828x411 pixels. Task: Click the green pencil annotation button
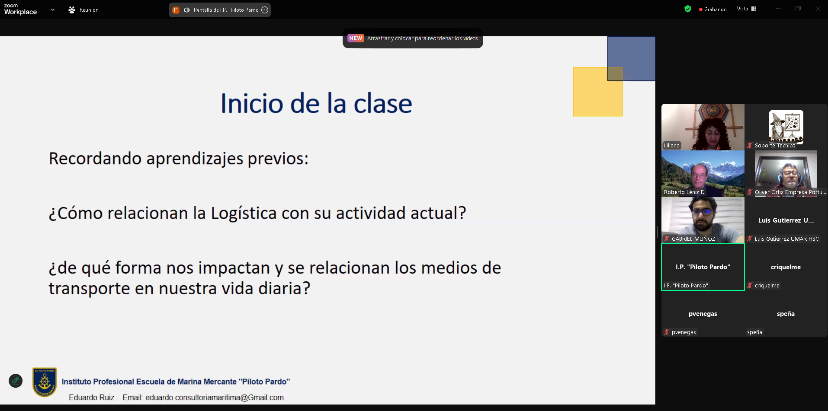tap(16, 381)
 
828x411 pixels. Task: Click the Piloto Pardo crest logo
tap(45, 382)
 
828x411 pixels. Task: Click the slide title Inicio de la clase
tap(316, 104)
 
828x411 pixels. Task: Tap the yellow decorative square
tap(598, 92)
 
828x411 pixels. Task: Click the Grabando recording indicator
tap(712, 10)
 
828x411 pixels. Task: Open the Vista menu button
tap(746, 9)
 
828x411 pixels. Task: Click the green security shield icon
tap(688, 9)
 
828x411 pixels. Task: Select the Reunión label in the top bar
tap(89, 10)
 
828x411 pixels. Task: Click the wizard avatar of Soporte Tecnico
tap(786, 127)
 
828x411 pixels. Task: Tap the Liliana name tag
tap(672, 146)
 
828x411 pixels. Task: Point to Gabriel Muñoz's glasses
tap(702, 212)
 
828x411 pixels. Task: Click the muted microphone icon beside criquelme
tap(750, 285)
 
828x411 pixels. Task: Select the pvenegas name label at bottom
tap(684, 332)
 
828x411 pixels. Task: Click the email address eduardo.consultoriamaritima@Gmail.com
tap(215, 398)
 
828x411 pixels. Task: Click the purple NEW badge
tap(356, 38)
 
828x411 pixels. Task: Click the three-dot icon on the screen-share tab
tap(265, 10)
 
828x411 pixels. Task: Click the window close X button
tap(818, 9)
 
